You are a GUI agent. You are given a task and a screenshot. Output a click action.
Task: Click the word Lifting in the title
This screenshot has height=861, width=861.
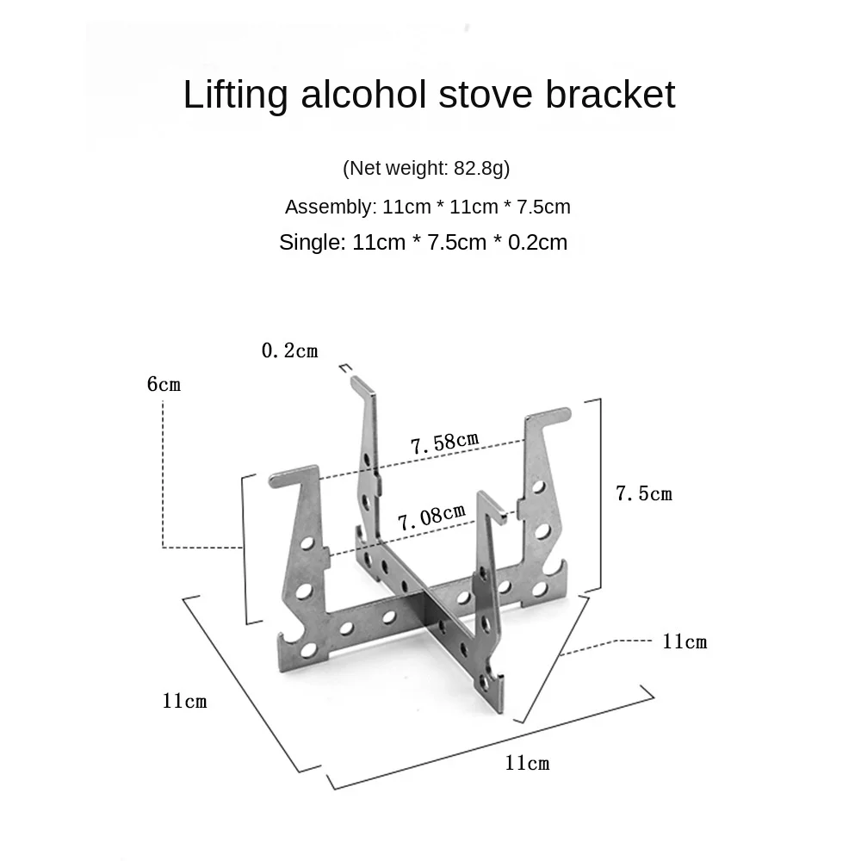236,95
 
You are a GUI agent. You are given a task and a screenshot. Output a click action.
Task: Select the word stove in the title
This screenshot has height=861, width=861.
486,95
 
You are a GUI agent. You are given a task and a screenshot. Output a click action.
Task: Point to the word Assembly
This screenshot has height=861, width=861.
331,207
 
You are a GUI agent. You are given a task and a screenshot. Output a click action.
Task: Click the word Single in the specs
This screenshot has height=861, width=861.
313,243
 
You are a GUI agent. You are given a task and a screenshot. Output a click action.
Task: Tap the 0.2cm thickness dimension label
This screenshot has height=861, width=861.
290,350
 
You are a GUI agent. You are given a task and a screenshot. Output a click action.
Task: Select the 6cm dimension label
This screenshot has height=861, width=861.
164,384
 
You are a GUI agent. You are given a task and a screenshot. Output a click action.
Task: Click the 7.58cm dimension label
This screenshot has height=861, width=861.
445,443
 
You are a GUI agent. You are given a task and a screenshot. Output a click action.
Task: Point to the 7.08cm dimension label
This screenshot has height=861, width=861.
431,517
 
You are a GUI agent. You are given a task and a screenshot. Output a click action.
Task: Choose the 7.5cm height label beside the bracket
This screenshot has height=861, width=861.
643,493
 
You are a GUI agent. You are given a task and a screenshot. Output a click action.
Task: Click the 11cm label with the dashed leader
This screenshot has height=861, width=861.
684,641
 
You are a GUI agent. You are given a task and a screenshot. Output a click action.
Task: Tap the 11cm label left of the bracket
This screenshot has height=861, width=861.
184,701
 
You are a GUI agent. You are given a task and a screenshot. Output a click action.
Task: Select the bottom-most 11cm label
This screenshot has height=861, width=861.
527,763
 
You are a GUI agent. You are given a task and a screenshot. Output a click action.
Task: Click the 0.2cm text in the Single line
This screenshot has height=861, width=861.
537,243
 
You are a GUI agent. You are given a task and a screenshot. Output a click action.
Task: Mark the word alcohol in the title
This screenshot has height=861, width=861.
363,94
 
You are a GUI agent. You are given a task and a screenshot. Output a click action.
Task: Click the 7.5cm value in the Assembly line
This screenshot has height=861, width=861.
543,207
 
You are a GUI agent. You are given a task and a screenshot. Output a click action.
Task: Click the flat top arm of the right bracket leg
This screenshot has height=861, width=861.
548,416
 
